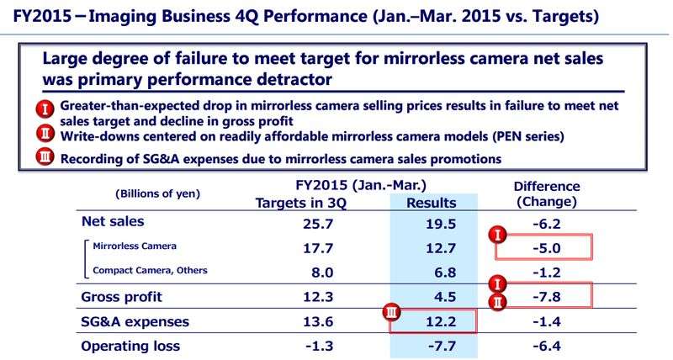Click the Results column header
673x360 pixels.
click(431, 203)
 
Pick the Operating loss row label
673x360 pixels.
click(133, 345)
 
